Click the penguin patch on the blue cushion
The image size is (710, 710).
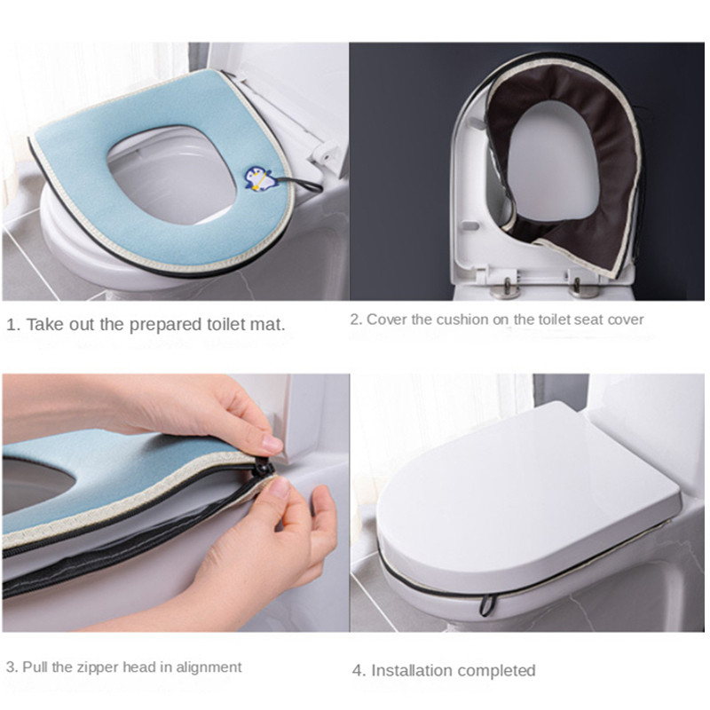(257, 178)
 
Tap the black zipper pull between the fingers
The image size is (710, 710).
(261, 468)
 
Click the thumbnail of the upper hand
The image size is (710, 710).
(272, 443)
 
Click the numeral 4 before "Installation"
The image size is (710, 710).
(359, 671)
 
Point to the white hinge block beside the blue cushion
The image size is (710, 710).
(325, 152)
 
